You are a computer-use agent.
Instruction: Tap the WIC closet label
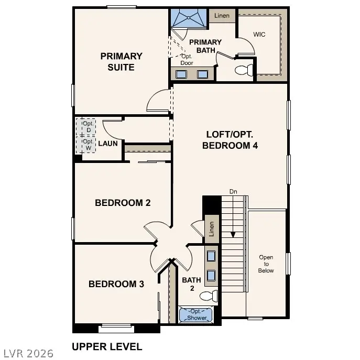tap(259, 35)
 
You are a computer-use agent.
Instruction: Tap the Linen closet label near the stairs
tap(212, 228)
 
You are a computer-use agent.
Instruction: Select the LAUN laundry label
tap(107, 143)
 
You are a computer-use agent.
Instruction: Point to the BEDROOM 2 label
tap(123, 203)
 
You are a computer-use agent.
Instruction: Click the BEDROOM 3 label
tap(116, 284)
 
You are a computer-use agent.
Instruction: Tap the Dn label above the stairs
tap(233, 192)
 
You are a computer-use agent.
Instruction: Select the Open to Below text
tap(266, 264)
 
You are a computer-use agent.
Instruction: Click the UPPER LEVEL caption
tap(106, 346)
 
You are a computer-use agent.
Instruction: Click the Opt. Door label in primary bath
tap(187, 59)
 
